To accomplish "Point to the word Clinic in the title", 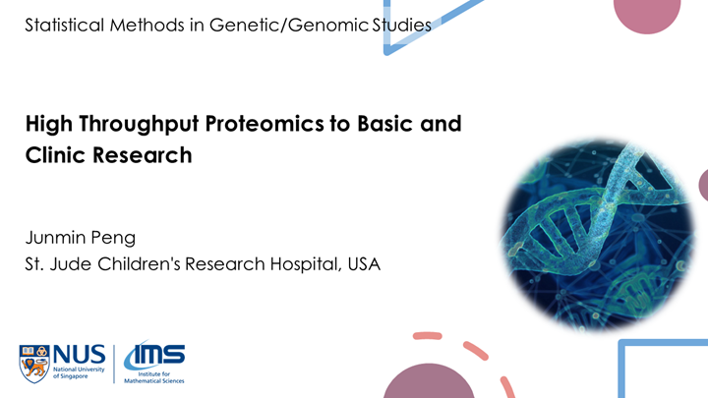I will [53, 155].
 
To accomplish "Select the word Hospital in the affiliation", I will [297, 264].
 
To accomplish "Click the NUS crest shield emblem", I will [33, 363].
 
